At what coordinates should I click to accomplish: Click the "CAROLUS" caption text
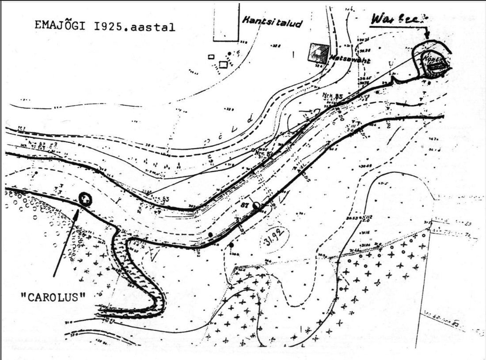pos(53,295)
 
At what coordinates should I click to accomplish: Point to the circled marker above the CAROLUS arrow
pos(85,199)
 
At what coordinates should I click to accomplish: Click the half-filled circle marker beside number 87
pos(256,205)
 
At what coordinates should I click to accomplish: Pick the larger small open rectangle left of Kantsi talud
pos(223,65)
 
